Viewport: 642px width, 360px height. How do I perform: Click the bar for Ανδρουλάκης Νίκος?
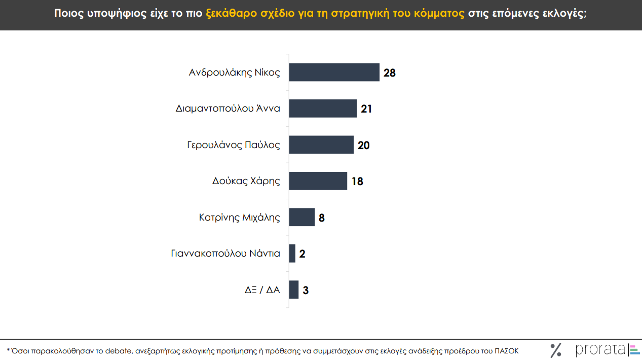tap(334, 73)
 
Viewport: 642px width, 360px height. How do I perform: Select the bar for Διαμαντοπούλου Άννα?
tap(323, 109)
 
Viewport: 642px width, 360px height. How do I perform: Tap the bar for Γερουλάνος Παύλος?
tap(321, 145)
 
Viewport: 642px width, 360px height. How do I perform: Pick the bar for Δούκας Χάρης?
tap(318, 181)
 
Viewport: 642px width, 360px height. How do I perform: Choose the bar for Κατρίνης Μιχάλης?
tap(302, 217)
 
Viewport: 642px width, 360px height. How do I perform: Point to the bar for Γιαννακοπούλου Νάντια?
tap(292, 254)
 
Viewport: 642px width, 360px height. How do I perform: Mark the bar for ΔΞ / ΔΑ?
tap(294, 290)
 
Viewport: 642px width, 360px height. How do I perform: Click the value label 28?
tap(390, 73)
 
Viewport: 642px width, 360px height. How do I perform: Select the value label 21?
tap(366, 109)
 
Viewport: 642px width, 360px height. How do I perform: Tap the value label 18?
tap(357, 182)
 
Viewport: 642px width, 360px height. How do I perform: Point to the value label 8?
tap(322, 218)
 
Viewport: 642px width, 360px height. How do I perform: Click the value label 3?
tap(306, 291)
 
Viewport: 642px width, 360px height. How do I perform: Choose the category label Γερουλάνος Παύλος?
tap(234, 145)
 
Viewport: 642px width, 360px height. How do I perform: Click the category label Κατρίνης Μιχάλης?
tap(239, 218)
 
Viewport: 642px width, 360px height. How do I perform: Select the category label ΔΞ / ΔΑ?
tap(262, 290)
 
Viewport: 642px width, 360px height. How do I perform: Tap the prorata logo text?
tap(600, 350)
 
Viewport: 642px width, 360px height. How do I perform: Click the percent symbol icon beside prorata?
tap(556, 350)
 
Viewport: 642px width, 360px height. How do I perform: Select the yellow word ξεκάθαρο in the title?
tap(231, 14)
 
